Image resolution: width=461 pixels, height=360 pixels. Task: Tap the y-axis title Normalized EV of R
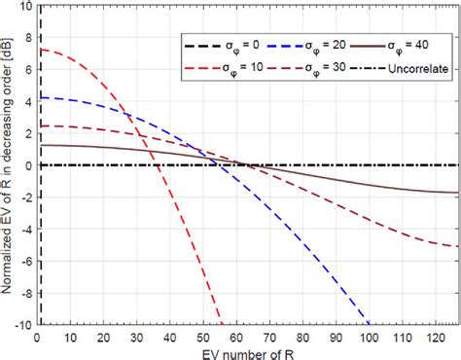point(8,165)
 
